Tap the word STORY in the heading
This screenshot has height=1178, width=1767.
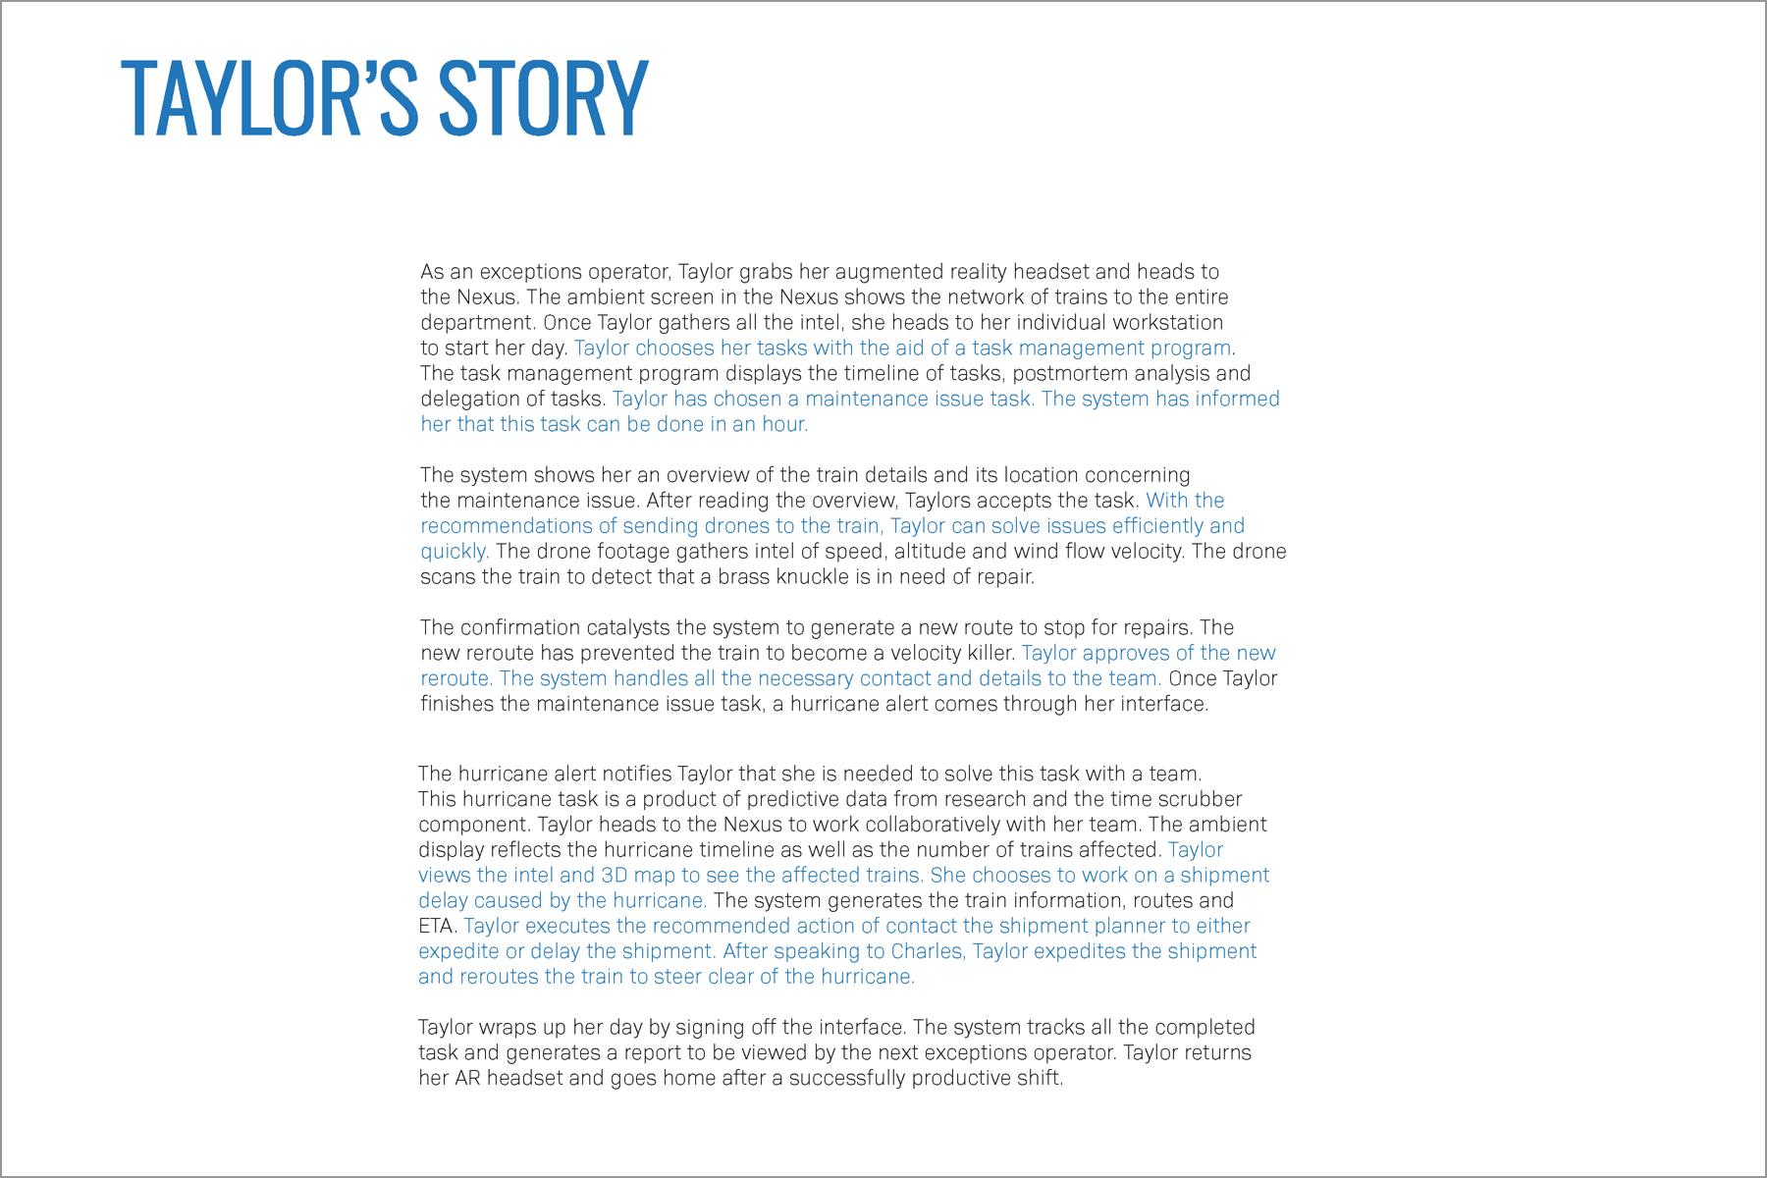pos(543,98)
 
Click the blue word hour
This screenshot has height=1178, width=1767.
pos(784,425)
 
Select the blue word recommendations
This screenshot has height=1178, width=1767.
pos(507,526)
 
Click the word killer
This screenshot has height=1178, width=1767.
pos(984,654)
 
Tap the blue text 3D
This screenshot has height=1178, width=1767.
pos(614,876)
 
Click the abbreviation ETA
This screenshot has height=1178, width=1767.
pos(437,927)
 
